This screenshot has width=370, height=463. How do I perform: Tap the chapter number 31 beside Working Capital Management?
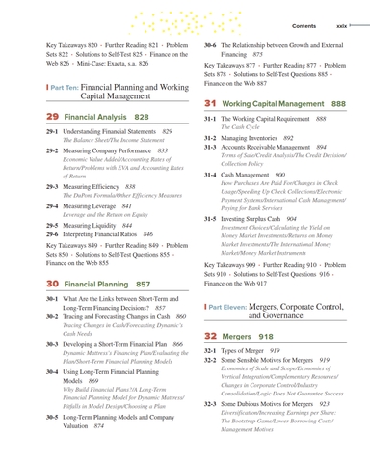[210, 103]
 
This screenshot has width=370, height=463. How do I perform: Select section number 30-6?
[211, 45]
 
